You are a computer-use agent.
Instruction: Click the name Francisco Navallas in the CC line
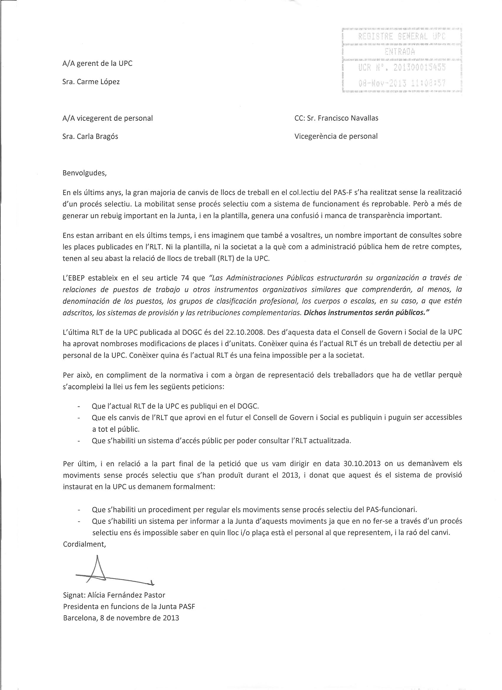(x=348, y=118)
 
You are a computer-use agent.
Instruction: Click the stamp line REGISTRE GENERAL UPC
(x=402, y=37)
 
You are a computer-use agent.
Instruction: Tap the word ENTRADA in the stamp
(x=400, y=52)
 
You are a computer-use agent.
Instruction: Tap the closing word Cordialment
(x=84, y=544)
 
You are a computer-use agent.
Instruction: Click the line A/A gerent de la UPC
(x=97, y=63)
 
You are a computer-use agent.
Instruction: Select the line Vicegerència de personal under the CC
(x=336, y=137)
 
